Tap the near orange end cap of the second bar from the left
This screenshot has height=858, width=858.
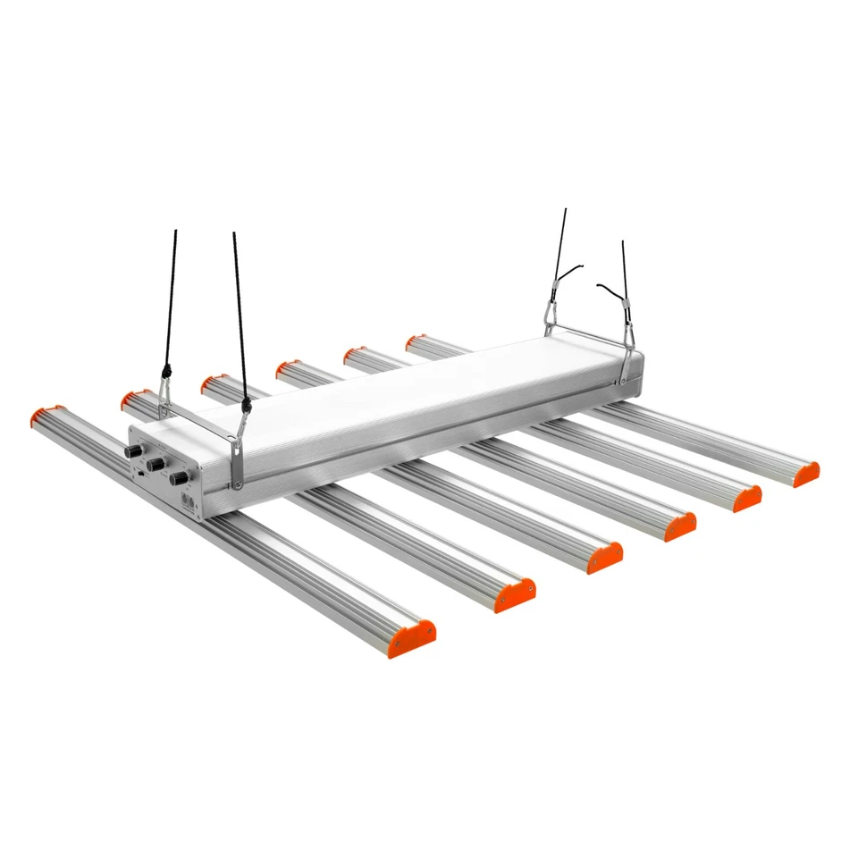pyautogui.click(x=516, y=595)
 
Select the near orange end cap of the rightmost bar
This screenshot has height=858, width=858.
pyautogui.click(x=807, y=473)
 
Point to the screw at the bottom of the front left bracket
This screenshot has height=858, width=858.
pyautogui.click(x=239, y=484)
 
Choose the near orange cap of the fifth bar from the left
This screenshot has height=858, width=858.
pyautogui.click(x=747, y=499)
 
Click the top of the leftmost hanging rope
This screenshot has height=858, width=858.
pyautogui.click(x=175, y=234)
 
